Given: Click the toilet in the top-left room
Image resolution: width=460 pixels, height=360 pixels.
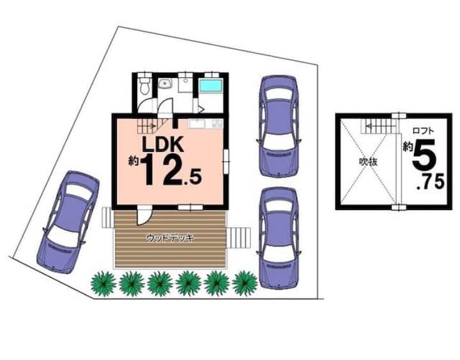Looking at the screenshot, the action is click(x=144, y=85).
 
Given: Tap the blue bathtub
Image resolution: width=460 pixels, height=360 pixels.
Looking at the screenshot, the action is click(x=210, y=85).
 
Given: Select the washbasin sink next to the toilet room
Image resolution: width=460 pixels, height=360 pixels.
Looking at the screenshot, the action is click(x=165, y=84).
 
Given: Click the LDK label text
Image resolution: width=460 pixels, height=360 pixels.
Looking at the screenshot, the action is click(x=163, y=144).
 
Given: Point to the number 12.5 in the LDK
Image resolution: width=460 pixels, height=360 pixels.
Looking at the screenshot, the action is click(x=172, y=170).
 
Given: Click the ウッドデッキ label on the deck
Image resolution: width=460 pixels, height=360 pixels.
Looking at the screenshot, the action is click(x=170, y=237).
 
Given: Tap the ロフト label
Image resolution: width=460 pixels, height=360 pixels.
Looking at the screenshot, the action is click(x=423, y=130).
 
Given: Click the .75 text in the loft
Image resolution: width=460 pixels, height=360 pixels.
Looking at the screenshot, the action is click(x=431, y=182).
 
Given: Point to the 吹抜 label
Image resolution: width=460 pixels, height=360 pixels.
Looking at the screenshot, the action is click(x=369, y=162).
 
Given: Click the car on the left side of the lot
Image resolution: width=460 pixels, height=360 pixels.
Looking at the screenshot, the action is click(x=68, y=222).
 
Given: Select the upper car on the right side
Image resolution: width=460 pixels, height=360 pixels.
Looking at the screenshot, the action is click(x=279, y=126).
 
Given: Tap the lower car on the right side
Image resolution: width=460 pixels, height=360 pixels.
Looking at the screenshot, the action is click(x=279, y=237).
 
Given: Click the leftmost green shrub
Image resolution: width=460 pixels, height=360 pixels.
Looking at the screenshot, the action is click(x=103, y=283).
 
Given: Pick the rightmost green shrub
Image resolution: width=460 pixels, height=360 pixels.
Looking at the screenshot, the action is click(x=245, y=283).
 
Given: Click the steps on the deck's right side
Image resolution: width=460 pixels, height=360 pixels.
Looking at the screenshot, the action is click(x=239, y=237).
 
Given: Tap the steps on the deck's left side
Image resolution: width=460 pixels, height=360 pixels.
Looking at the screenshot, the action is click(x=107, y=217).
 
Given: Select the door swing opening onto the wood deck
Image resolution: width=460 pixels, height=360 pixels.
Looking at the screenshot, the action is click(x=145, y=216).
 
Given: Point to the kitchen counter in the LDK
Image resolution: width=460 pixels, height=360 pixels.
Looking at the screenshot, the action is click(x=206, y=124).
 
